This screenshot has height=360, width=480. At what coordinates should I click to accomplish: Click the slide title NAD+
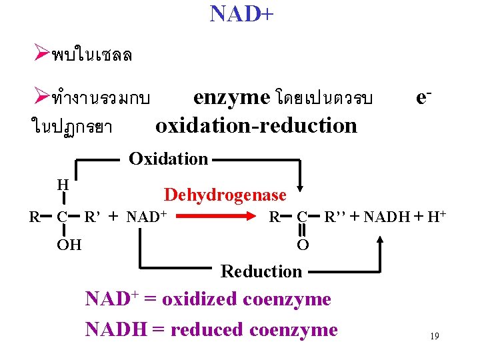coord(241,13)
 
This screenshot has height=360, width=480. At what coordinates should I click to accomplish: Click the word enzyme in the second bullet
coord(231,97)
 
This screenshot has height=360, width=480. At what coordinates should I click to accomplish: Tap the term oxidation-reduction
coord(256,125)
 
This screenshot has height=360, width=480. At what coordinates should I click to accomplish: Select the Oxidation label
coord(168,159)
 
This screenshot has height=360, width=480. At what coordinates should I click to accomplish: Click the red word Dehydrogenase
coord(225,195)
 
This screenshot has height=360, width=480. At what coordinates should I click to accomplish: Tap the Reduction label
coord(261,271)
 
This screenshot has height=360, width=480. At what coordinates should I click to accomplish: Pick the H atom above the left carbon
coord(63,185)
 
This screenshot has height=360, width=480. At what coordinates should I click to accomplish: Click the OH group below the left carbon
coord(69,245)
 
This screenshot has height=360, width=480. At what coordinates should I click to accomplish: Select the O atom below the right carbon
coord(302,245)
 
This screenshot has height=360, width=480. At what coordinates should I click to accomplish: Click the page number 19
coord(434,337)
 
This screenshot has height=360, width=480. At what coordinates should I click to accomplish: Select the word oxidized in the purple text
coord(200,299)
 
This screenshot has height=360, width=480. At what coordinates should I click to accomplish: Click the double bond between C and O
coord(302,231)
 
